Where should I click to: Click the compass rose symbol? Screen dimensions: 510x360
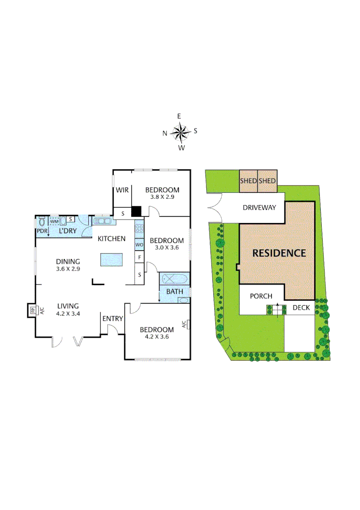pos(180,132)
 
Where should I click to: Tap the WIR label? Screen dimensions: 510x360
pos(123,190)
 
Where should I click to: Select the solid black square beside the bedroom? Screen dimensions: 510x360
pos(137,212)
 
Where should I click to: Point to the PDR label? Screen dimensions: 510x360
pos(42,231)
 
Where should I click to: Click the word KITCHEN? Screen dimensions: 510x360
pos(111,238)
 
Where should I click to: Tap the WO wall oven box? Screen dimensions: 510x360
pos(139,245)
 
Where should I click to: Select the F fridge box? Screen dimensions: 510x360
pos(139,257)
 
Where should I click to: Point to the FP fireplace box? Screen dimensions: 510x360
pos(33,310)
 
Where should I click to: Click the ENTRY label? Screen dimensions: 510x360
pos(113,319)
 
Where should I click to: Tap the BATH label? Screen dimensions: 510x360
pos(174,291)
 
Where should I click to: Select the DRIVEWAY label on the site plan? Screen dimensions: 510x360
pos(259,207)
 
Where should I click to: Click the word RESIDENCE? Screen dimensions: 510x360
pos(279,253)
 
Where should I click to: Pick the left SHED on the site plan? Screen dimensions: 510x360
pos(248,181)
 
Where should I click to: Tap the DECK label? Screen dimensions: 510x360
pos(301,308)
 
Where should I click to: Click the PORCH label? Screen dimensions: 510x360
pos(261,296)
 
